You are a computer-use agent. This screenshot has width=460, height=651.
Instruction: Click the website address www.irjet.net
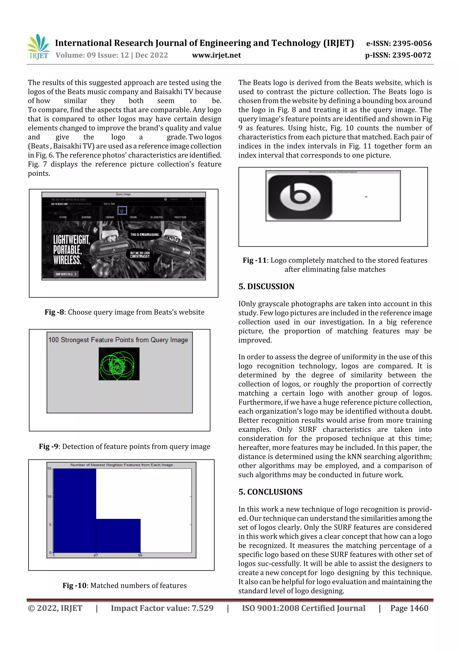point(216,55)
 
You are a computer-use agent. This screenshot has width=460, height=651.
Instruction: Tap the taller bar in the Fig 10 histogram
point(75,510)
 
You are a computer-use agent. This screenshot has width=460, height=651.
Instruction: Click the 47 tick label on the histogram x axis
point(96,555)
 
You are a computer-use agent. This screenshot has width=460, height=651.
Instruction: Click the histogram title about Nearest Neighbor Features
point(122,465)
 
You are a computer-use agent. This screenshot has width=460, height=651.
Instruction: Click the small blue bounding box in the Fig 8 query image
point(122,210)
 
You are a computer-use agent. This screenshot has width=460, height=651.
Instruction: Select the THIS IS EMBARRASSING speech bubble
point(145,234)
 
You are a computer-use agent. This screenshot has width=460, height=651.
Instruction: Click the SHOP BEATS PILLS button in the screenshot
point(66,274)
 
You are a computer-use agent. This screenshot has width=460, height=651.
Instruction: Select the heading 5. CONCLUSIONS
point(270,492)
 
